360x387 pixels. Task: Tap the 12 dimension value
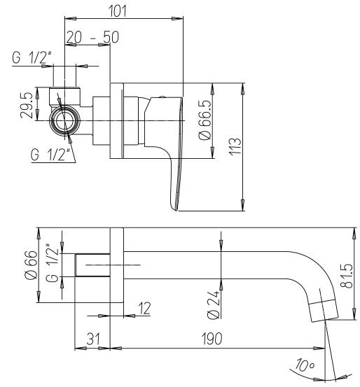pos(144,307)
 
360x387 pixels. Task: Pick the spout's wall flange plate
pos(117,265)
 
